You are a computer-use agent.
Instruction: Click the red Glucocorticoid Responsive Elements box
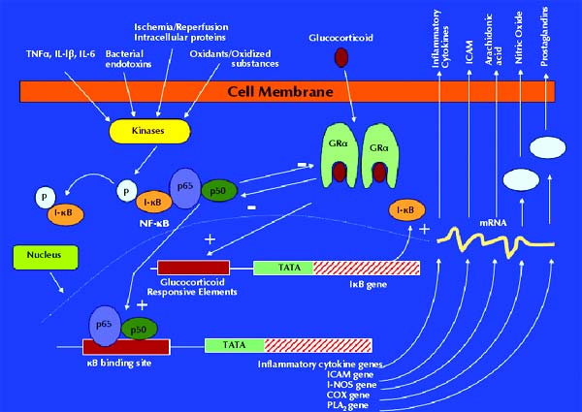193,268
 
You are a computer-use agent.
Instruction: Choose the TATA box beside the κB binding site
234,345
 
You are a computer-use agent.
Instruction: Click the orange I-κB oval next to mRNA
407,208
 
